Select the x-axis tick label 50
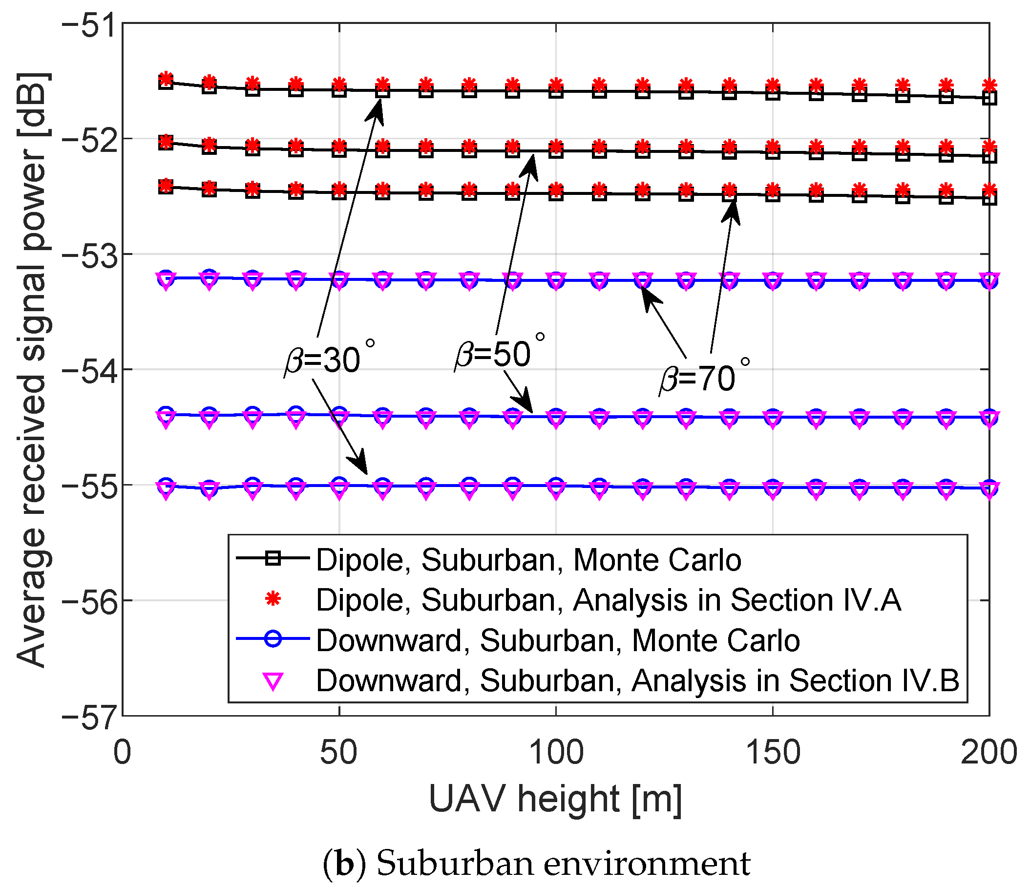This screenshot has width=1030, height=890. tap(338, 752)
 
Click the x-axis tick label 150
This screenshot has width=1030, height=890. tap(773, 752)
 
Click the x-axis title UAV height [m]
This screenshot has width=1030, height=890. tap(555, 799)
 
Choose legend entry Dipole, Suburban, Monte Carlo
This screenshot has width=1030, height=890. tap(528, 560)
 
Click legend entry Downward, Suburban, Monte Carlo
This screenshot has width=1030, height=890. tap(557, 640)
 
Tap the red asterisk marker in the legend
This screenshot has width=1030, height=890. tap(273, 600)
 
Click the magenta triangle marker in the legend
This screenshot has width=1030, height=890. tap(273, 680)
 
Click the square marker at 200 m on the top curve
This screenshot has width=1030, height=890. tap(989, 99)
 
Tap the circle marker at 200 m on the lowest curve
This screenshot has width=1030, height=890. tap(989, 487)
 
